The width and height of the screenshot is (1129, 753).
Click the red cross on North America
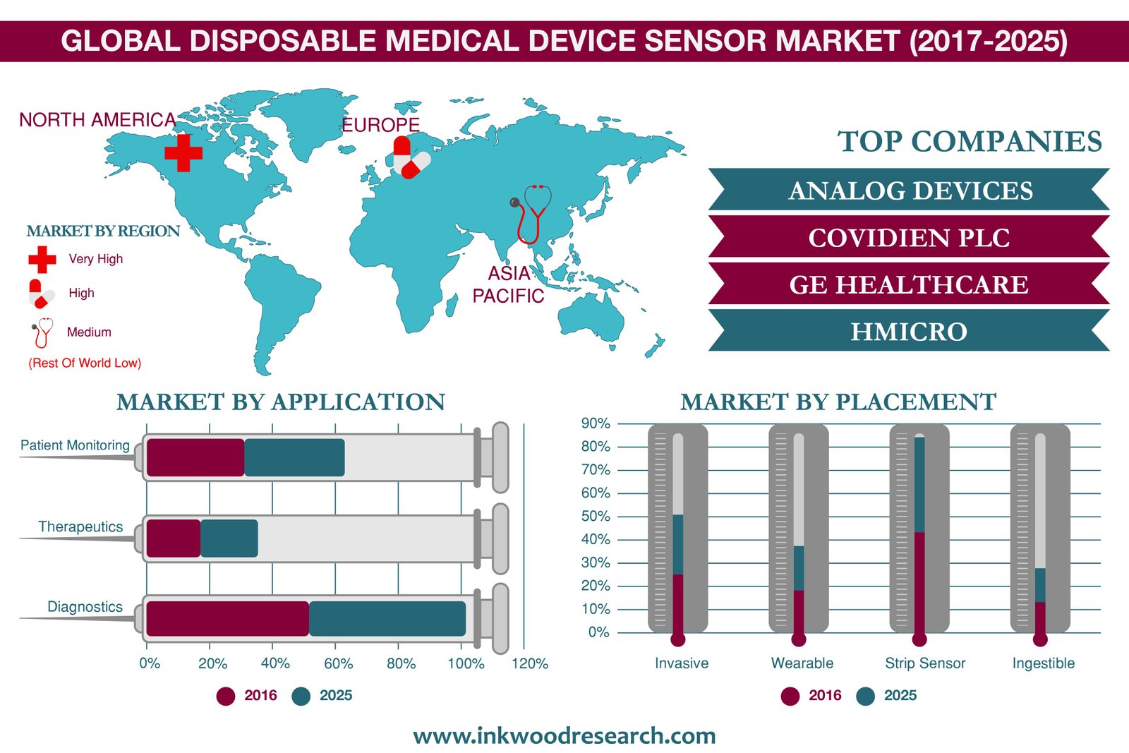point(183,152)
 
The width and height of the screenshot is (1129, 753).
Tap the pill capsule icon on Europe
point(411,157)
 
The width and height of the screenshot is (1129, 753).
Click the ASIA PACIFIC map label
point(508,285)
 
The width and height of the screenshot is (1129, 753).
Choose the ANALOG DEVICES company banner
point(910,190)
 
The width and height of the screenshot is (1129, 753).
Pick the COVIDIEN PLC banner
point(910,237)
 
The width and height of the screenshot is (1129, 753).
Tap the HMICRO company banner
point(910,331)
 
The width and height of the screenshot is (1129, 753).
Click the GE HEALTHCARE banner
point(910,284)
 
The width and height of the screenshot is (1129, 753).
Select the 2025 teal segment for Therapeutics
point(229,538)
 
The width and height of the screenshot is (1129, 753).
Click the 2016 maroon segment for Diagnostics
point(228,618)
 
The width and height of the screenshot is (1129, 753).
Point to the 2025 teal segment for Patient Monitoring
point(295,457)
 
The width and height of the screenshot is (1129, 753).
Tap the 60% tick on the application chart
point(338,663)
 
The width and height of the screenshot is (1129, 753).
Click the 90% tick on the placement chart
point(596,423)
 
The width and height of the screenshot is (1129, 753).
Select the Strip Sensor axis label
point(925,663)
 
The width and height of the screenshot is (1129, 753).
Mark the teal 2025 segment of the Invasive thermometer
point(678,544)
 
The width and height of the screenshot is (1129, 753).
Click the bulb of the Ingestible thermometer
point(1040,639)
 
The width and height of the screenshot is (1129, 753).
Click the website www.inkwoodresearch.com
point(564,736)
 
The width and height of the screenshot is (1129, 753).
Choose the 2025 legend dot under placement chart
point(865,696)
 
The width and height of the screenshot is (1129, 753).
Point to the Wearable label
point(802,663)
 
